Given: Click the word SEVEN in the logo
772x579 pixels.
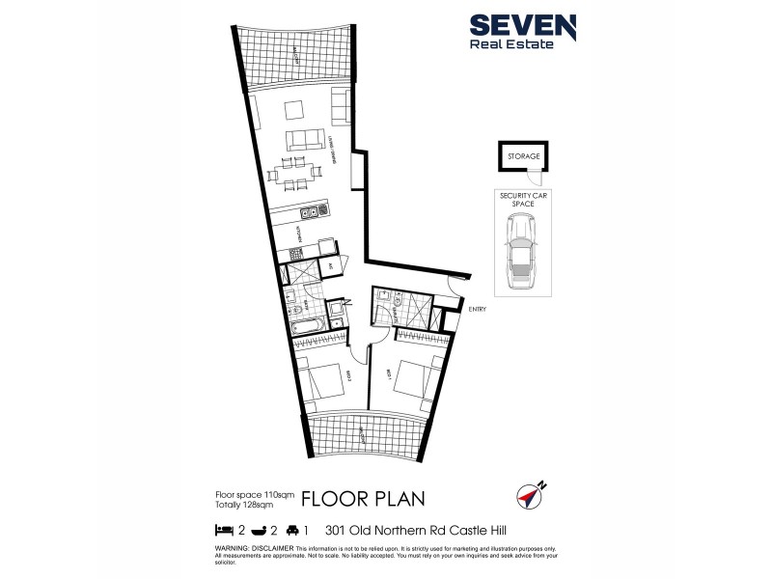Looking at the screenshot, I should (x=522, y=26).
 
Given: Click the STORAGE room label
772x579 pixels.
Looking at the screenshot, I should (x=522, y=155).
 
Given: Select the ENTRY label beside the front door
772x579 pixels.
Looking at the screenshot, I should (x=477, y=309).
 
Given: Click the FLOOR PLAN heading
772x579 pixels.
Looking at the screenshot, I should (x=362, y=499).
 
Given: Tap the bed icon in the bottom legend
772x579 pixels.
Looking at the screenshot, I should (x=223, y=530).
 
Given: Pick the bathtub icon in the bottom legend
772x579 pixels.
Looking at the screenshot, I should (x=259, y=530).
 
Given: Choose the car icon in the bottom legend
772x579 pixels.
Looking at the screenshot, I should (x=293, y=530).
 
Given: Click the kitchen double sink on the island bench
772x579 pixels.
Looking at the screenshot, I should (x=310, y=210).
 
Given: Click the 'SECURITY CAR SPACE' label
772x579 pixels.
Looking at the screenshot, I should (x=522, y=200).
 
